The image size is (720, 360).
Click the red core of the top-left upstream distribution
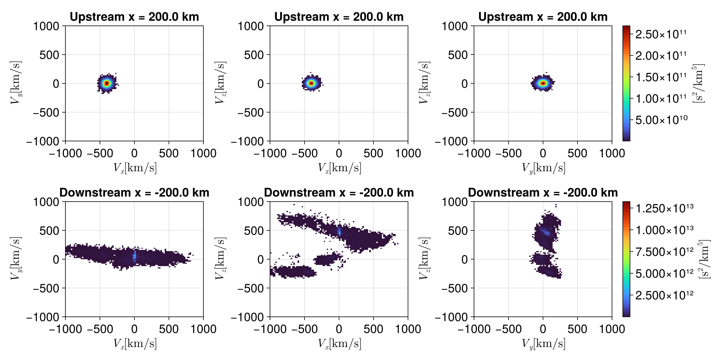(x=107, y=83)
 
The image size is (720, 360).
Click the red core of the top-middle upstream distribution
(x=311, y=83)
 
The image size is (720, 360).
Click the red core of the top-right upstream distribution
(x=543, y=83)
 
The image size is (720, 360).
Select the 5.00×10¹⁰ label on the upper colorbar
(x=661, y=120)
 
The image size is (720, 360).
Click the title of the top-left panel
(x=134, y=17)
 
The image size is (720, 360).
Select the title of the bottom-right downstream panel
(x=543, y=193)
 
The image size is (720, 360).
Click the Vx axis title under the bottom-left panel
(x=135, y=343)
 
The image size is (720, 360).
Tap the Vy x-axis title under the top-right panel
(x=543, y=168)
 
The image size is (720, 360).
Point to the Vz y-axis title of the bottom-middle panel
(x=220, y=259)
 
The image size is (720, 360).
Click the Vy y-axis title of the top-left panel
(x=16, y=83)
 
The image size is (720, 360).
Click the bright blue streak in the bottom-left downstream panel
(x=134, y=256)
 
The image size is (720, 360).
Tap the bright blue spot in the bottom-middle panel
(x=339, y=231)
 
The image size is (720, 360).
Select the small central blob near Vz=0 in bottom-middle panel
(x=327, y=259)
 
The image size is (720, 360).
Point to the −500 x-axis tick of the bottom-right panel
(x=508, y=329)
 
